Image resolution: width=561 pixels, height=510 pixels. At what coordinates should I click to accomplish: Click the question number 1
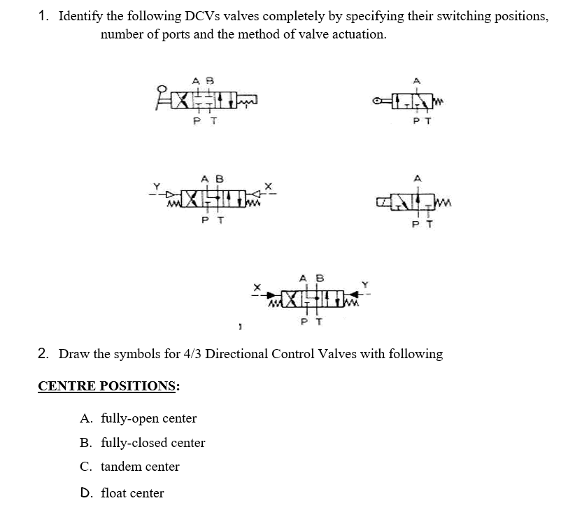coord(43,15)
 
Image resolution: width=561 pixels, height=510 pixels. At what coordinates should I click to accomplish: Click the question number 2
coord(43,353)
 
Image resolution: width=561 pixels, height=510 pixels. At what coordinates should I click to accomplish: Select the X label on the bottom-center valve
coord(257,285)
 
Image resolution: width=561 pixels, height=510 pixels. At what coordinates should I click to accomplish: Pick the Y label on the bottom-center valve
coord(364,284)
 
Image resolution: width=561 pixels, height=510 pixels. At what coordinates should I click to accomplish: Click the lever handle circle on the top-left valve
coord(161,89)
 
